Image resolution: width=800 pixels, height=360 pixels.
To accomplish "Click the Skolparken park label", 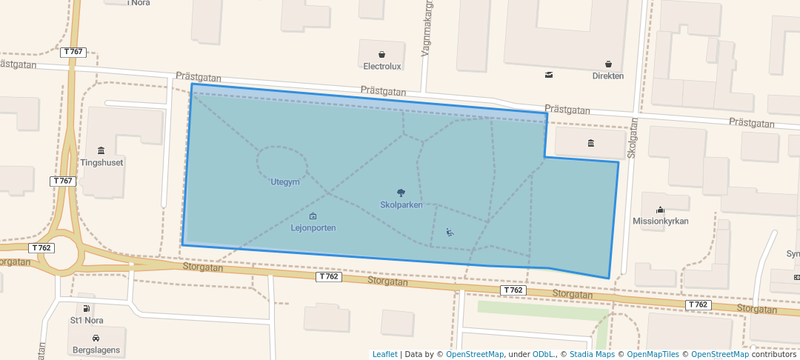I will click(401, 205).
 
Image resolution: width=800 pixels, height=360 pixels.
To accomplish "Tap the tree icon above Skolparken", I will click(401, 193).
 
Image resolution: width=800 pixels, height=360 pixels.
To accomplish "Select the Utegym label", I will click(285, 182).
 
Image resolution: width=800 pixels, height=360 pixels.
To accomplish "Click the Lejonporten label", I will click(313, 228).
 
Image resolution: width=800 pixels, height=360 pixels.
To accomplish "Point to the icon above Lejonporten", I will click(313, 216).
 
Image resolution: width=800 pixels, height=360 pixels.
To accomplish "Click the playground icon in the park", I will click(450, 232).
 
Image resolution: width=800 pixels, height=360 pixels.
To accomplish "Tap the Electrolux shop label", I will click(381, 66).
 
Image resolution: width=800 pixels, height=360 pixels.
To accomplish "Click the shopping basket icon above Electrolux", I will click(381, 54).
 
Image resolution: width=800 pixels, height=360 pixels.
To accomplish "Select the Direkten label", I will click(607, 76).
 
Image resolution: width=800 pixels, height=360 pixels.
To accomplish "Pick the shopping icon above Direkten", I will click(608, 64).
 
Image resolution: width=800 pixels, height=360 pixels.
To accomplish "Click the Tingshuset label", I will click(101, 162).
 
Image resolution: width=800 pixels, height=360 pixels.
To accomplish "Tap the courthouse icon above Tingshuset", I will click(101, 150).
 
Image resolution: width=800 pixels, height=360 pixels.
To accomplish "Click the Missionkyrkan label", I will click(661, 221).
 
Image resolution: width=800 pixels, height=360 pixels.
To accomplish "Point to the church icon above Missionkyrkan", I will click(661, 209).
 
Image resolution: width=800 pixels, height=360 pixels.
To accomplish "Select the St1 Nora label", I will click(87, 321).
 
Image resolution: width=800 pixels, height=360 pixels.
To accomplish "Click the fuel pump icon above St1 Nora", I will click(87, 309).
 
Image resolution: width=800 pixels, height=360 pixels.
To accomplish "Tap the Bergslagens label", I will click(96, 350).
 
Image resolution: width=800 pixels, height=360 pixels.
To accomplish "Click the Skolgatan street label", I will click(632, 139).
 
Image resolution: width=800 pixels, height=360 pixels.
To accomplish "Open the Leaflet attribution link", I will click(384, 354).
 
